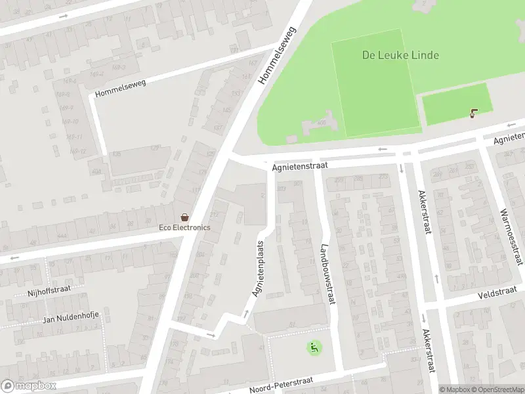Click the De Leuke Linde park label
click(x=400, y=55)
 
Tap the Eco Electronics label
click(x=185, y=227)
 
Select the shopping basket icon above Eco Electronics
click(x=185, y=217)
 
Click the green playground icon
click(x=314, y=347)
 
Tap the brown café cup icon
click(x=472, y=114)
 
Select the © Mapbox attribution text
click(x=455, y=389)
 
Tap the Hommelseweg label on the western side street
click(x=120, y=89)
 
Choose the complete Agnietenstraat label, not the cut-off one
click(x=299, y=167)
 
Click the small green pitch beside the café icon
click(x=455, y=104)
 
